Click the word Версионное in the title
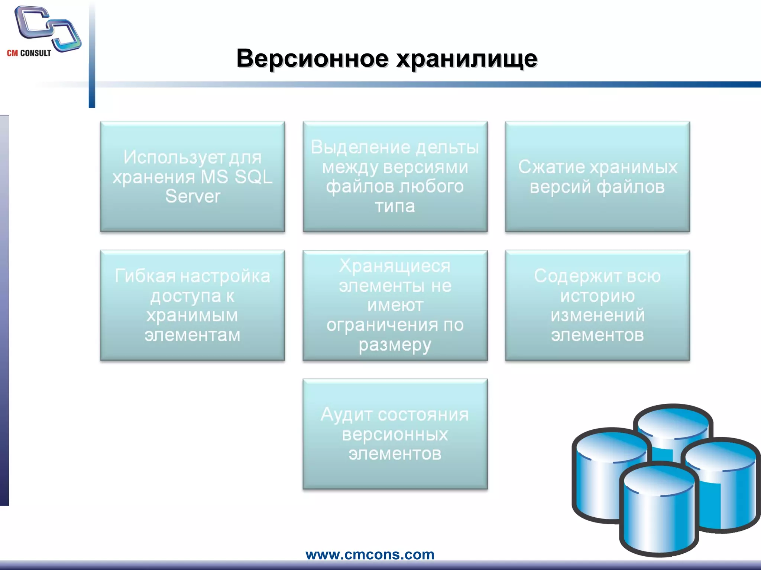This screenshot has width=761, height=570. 312,58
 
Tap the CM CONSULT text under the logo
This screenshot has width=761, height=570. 29,53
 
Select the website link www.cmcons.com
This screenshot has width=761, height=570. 370,554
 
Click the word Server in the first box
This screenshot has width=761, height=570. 192,196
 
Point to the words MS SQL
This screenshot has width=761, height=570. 236,177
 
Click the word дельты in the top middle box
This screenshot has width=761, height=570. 447,147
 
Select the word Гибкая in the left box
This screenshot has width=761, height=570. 145,276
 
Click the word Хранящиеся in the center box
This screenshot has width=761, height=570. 395,266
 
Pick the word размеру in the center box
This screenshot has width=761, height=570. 395,345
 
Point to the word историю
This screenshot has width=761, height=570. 597,296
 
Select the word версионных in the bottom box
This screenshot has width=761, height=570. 395,434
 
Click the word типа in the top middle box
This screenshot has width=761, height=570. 395,206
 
